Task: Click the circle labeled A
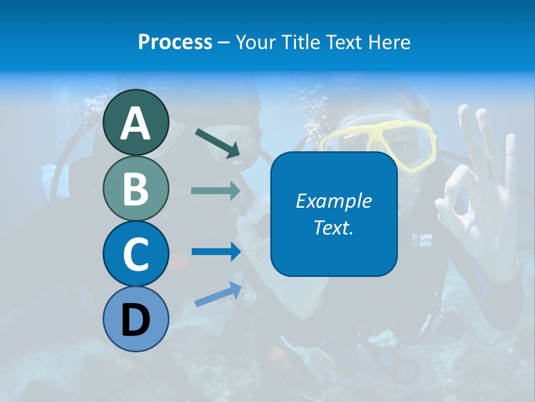pos(135,122)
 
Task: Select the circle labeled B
pos(135,189)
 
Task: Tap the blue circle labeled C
pos(135,253)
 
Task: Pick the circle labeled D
pos(135,319)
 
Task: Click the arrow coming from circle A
pos(217,142)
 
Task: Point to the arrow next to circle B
pos(215,191)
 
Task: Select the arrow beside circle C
pos(215,252)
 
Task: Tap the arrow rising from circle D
pos(218,294)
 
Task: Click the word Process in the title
pos(175,42)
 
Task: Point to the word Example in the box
pos(333,201)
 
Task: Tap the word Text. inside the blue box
pos(333,227)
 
